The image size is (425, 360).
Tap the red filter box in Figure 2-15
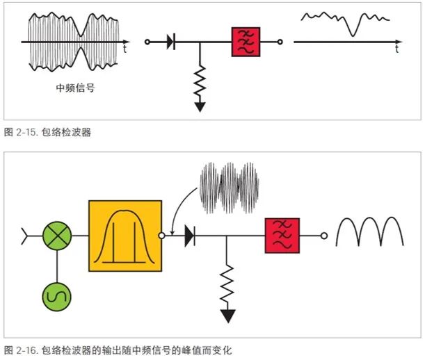click(x=246, y=42)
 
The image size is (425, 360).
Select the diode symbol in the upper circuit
click(x=170, y=42)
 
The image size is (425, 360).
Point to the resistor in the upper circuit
click(x=200, y=82)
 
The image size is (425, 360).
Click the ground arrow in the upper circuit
click(x=200, y=106)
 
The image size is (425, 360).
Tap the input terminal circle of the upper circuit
click(x=147, y=42)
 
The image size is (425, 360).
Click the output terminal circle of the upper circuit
click(x=280, y=42)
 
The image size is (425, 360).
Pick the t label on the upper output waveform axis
click(x=397, y=50)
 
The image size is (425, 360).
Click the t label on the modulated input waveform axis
click(x=124, y=50)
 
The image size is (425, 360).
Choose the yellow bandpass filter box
click(x=125, y=236)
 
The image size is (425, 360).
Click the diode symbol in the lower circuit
click(x=189, y=236)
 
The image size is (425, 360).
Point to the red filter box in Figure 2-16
click(x=282, y=236)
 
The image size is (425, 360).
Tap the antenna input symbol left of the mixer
click(x=28, y=236)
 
